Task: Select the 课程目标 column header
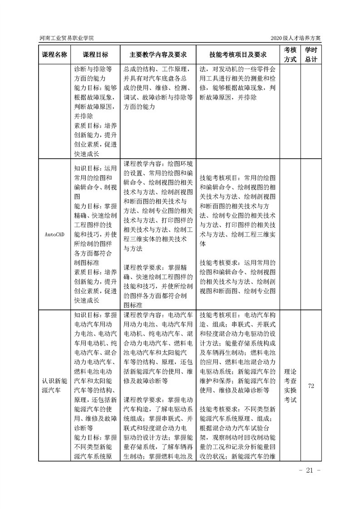(x=95, y=54)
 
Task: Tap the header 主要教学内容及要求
(x=158, y=54)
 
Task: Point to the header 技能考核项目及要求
(x=238, y=54)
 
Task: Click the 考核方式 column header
(x=290, y=54)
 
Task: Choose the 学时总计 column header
(x=311, y=54)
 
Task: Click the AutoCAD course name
(x=54, y=234)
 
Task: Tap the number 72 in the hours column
(x=311, y=386)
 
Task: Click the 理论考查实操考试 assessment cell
(x=290, y=385)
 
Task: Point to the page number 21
(x=310, y=470)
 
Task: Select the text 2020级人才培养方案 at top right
(x=295, y=38)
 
